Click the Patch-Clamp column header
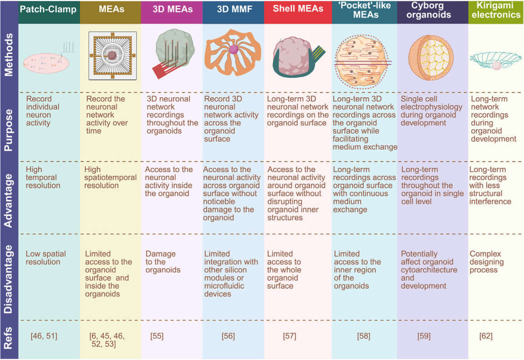click(49, 9)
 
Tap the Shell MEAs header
click(298, 9)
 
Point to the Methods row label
click(9, 56)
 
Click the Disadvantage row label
click(9, 277)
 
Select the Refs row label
click(9, 337)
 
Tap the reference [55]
click(157, 336)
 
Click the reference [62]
click(486, 336)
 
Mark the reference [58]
click(364, 336)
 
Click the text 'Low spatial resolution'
click(46, 258)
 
